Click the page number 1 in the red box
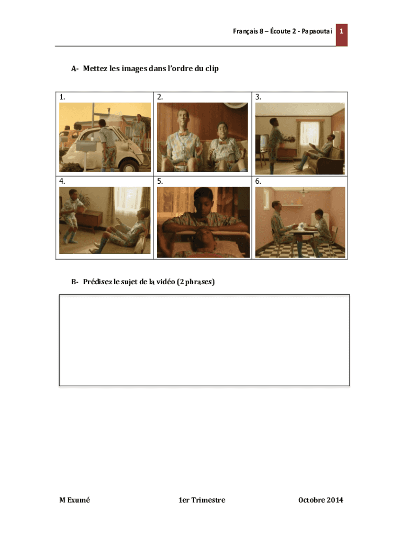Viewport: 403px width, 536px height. (341, 31)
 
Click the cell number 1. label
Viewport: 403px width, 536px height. (62, 97)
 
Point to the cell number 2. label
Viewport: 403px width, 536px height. (160, 97)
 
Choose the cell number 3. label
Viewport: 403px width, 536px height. (258, 97)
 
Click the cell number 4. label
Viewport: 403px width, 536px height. (62, 181)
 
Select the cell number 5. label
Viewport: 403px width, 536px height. (160, 181)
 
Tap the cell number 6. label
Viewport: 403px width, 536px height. (258, 181)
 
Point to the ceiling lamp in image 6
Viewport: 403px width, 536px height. (304, 193)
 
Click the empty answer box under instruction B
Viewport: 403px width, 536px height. (204, 340)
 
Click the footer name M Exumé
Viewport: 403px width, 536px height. (75, 500)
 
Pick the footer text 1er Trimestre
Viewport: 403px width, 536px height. (201, 500)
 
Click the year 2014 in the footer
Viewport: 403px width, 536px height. (333, 500)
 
